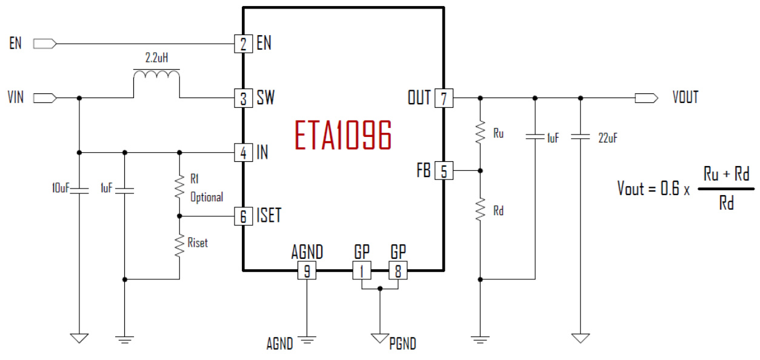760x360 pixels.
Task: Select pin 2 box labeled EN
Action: pos(243,44)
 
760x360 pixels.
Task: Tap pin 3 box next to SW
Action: pos(243,98)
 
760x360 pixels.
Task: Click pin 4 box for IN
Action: pos(243,153)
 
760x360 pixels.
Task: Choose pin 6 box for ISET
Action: pos(243,216)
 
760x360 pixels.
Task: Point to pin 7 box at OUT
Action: pos(444,98)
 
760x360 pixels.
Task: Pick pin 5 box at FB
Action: pos(444,172)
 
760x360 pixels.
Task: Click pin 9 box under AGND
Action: pos(307,271)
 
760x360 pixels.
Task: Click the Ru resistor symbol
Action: pos(480,133)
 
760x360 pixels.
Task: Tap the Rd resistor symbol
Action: pos(480,210)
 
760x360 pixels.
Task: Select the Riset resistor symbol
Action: pos(179,245)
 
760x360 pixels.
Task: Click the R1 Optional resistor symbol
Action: pos(179,187)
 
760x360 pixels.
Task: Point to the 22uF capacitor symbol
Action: pos(581,137)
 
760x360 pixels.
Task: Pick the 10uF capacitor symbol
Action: pos(79,190)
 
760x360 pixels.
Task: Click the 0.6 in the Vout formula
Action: pos(669,188)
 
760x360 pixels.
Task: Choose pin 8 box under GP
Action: pos(398,271)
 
